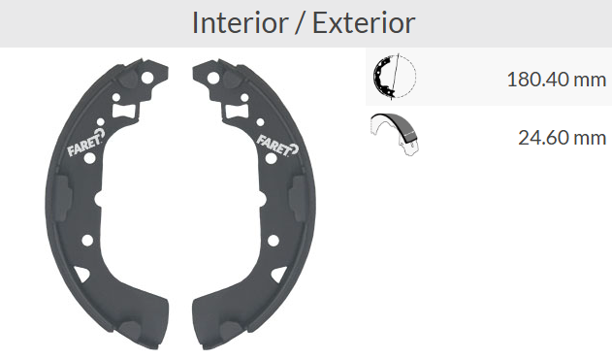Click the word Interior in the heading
pos(240,23)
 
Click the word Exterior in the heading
pos(364,23)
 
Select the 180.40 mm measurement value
pos(556,80)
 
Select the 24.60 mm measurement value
pos(562,138)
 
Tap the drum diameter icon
pos(394,77)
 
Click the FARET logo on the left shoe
pos(86,143)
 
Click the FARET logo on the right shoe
pos(277,145)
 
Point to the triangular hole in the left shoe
pos(82,274)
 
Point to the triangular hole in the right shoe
pos(279,275)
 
